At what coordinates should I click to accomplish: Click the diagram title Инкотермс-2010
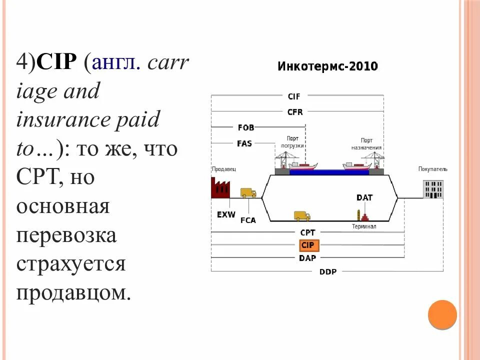(327, 66)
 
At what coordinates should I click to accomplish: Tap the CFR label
(294, 112)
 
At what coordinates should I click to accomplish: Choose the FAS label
(244, 143)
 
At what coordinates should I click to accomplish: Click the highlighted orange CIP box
(307, 245)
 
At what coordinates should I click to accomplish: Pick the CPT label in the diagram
(307, 232)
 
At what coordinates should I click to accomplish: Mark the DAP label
(307, 258)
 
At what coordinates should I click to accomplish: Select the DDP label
(327, 271)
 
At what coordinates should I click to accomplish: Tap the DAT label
(364, 197)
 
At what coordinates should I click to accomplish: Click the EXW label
(226, 214)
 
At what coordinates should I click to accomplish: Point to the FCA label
(248, 220)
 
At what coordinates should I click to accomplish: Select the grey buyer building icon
(433, 189)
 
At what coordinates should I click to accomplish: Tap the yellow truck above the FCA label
(248, 193)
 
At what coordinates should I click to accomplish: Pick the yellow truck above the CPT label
(302, 215)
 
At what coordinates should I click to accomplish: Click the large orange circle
(442, 314)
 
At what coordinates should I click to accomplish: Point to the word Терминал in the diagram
(364, 226)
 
